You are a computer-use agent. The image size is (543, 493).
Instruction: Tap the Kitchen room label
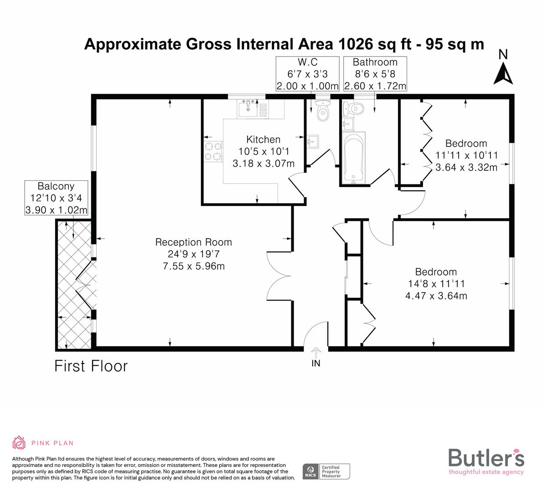[x=263, y=140]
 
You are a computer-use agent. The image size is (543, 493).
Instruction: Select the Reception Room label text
[x=193, y=242]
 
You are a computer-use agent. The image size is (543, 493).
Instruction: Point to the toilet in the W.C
[x=323, y=112]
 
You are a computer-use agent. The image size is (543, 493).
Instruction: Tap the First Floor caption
[x=91, y=366]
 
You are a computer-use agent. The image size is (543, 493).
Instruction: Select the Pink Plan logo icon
[x=19, y=442]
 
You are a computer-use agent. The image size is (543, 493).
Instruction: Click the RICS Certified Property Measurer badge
[x=327, y=471]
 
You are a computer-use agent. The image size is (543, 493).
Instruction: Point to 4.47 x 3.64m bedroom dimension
[x=436, y=296]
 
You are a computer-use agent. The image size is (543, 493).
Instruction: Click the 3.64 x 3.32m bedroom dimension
[x=466, y=168]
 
